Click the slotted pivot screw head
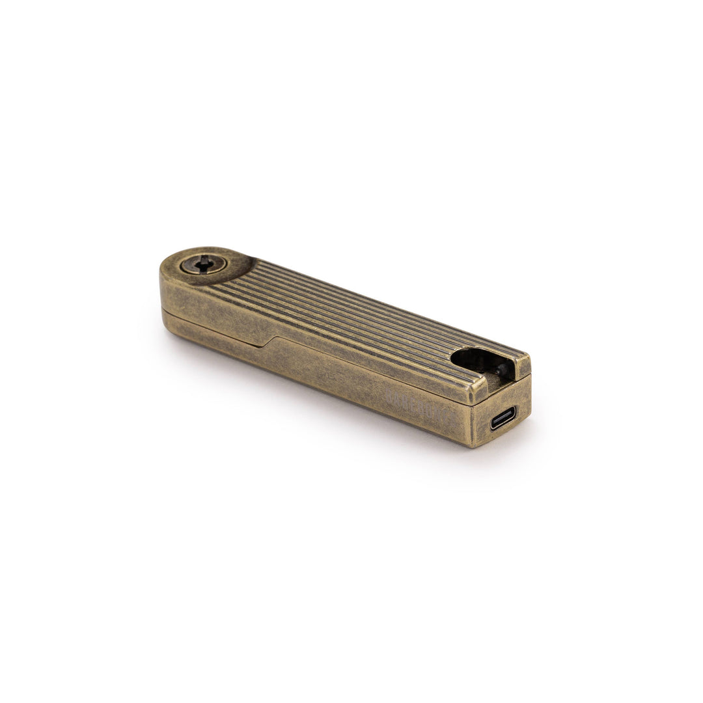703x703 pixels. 203,264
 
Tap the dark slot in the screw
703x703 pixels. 204,264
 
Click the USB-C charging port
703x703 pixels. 503,418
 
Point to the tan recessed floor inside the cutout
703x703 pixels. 495,384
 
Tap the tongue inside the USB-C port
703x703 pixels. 503,418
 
